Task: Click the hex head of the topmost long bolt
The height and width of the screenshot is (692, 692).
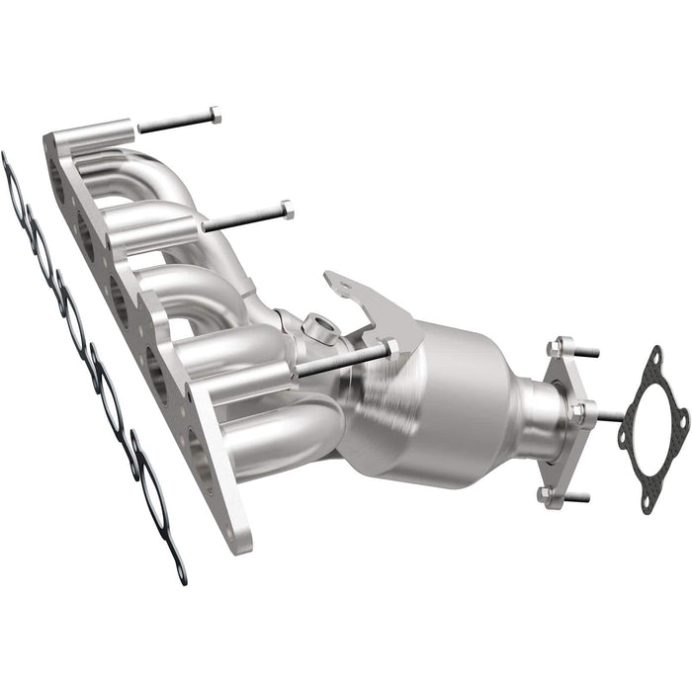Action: [214, 116]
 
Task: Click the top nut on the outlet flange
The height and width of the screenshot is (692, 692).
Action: [557, 346]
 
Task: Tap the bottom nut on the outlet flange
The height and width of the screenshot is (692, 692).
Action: [545, 492]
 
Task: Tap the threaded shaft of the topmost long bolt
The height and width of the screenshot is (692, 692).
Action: [173, 124]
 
